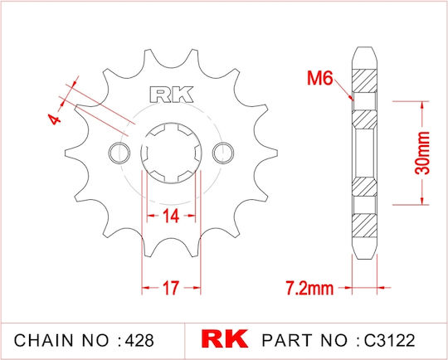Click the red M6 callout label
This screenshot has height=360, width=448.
pos(320,78)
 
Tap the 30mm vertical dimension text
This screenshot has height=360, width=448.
pos(422,153)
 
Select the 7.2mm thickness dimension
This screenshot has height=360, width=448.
pos(309,288)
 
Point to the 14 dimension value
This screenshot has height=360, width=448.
pos(171,216)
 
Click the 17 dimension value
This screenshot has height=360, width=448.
pos(171,288)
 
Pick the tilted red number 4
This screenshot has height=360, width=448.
pos(54,119)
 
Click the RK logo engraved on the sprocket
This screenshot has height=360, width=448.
pos(171,95)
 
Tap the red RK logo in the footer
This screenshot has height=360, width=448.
pos(225,339)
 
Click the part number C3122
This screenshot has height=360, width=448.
pos(390,340)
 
